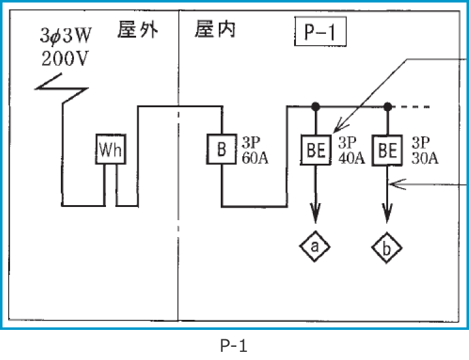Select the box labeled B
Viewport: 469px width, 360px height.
coord(221,149)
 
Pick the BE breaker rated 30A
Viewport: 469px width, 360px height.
coord(388,150)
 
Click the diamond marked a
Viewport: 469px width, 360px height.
coord(315,248)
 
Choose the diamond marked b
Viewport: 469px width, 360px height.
coord(388,249)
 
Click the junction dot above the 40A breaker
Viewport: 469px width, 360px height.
coord(315,106)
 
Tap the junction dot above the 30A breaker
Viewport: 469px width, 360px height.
coord(388,106)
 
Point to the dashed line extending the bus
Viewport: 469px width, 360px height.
coord(414,107)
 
